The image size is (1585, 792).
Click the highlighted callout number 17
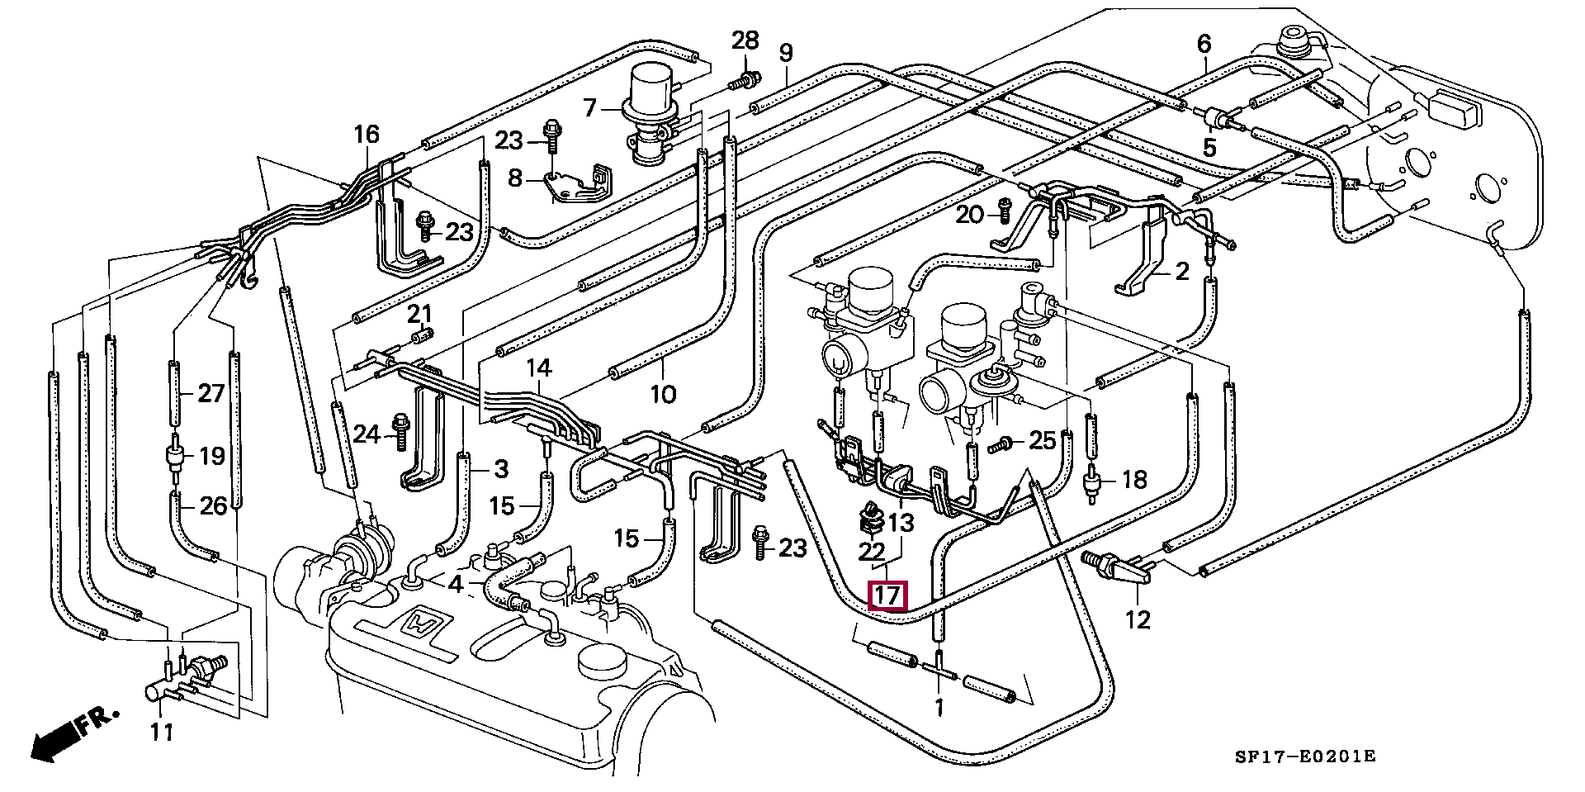[889, 595]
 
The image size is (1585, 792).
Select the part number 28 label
[745, 40]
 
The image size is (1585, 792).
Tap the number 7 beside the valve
[589, 108]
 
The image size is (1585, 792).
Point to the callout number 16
[367, 134]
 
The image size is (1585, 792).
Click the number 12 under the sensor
[1138, 619]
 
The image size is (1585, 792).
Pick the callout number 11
[162, 732]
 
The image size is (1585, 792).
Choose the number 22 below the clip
[872, 551]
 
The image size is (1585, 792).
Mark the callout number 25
[1043, 440]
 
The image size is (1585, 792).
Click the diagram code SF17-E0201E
[1304, 756]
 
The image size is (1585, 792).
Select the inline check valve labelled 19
[175, 458]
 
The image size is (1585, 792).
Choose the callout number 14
[539, 368]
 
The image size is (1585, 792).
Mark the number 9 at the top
[785, 54]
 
